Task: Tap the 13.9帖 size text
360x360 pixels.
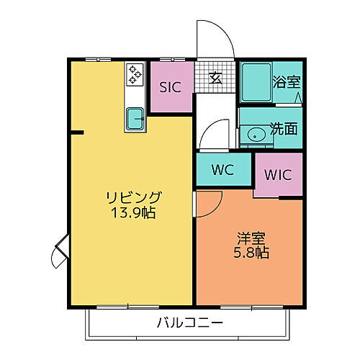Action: click(x=134, y=213)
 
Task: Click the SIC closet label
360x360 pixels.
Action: click(x=170, y=88)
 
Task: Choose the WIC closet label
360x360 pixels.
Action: click(x=277, y=174)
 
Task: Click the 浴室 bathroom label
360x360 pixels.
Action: click(x=286, y=81)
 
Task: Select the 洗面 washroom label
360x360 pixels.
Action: click(x=283, y=130)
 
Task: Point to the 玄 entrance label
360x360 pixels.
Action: click(x=215, y=78)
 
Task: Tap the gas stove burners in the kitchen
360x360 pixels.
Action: click(x=135, y=74)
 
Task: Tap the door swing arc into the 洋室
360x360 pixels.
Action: click(x=207, y=204)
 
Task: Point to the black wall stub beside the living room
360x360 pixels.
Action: click(x=77, y=132)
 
